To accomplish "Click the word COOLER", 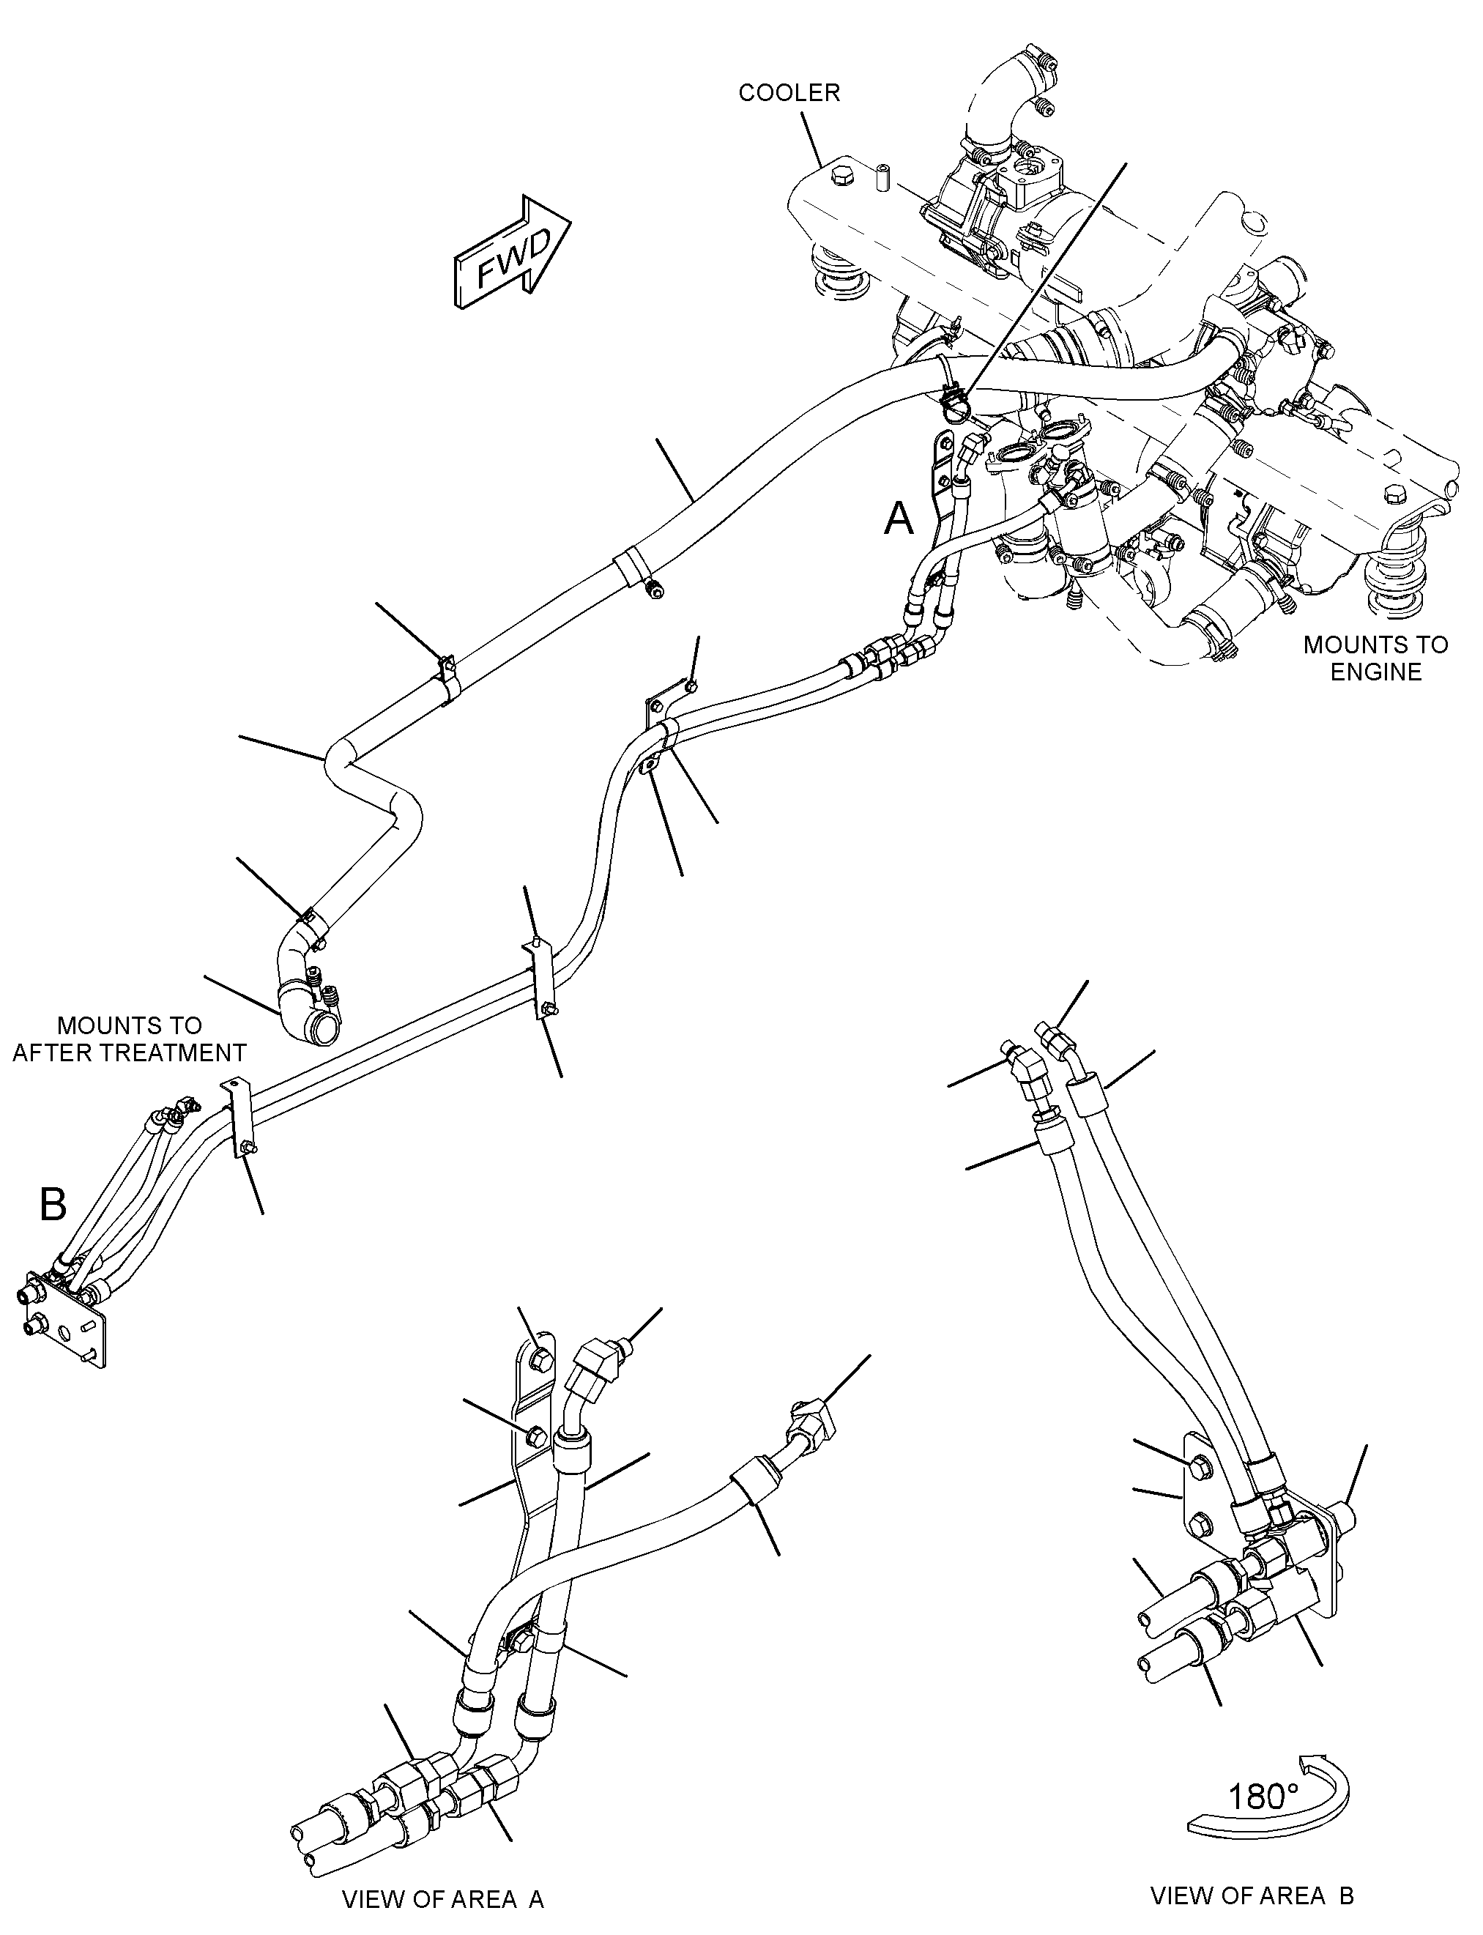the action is (789, 93).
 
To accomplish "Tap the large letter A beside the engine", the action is (899, 519).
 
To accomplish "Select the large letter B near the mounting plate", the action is (53, 1203).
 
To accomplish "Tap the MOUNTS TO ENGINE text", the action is (1376, 658).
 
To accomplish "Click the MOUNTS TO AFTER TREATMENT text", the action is (129, 1039).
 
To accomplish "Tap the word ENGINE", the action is (1376, 672).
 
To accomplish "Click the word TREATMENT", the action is (182, 1052).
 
